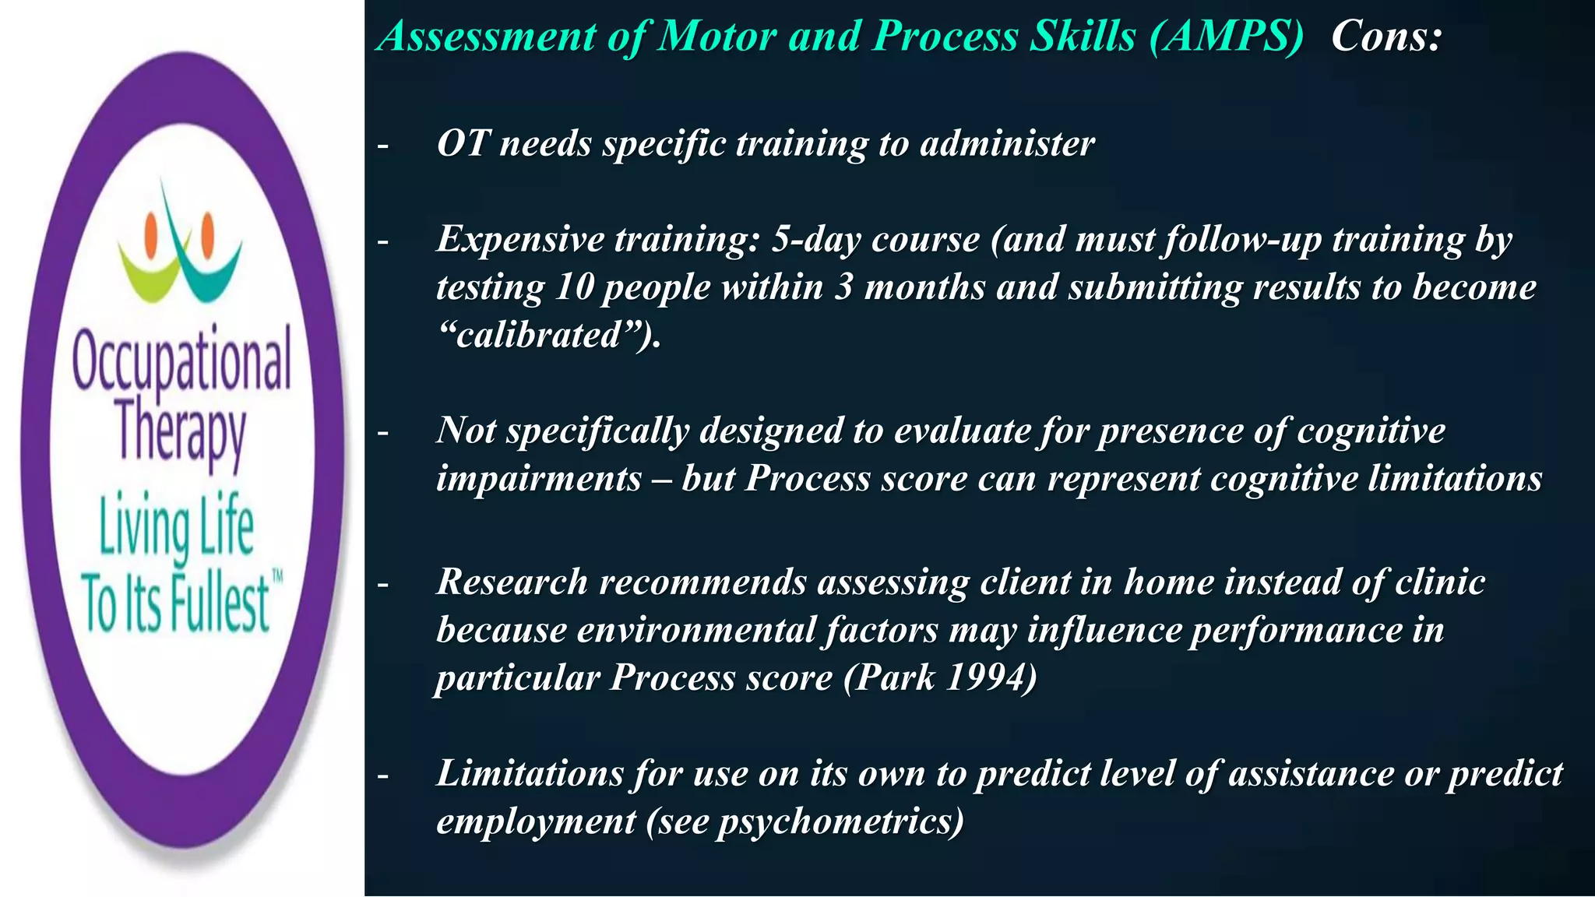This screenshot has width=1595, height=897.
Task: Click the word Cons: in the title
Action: pos(1386,37)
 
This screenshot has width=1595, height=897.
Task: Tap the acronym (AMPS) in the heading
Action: pos(1226,37)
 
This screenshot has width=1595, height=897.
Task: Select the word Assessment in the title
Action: pos(487,37)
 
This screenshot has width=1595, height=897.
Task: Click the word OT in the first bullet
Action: pos(463,143)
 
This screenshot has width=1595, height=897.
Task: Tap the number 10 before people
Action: pos(575,287)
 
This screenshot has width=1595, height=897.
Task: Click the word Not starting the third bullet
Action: pos(465,431)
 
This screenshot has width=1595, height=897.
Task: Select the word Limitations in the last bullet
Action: pos(530,773)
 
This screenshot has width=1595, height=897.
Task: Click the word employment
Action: pos(536,821)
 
